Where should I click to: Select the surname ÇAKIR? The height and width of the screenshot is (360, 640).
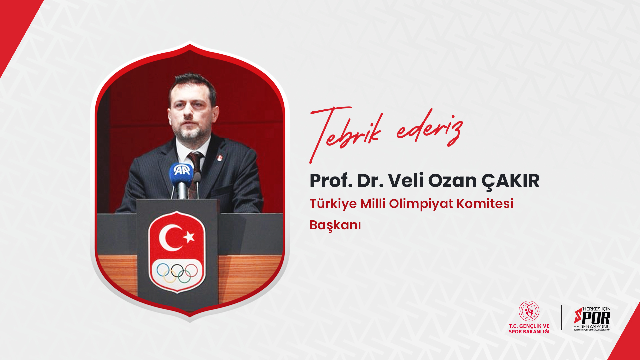[510, 181]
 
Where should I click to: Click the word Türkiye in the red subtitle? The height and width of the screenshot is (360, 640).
[333, 204]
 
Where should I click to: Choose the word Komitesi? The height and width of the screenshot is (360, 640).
[485, 203]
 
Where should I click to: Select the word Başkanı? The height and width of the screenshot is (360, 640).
[335, 225]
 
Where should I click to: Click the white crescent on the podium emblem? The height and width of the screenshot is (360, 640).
[169, 237]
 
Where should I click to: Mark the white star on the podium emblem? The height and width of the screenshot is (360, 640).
[189, 237]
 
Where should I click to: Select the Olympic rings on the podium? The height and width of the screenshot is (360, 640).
[177, 273]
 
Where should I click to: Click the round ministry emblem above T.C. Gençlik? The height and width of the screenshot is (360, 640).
[529, 311]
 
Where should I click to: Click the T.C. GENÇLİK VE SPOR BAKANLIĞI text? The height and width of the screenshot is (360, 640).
[529, 329]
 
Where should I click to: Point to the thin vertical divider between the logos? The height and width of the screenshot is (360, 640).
[562, 318]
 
